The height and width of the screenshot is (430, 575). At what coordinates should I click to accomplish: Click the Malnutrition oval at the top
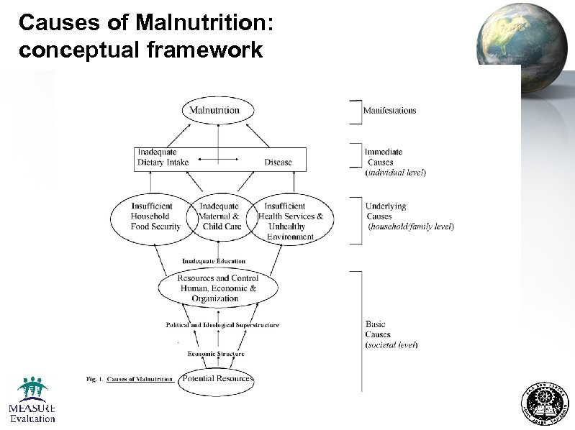coord(219,111)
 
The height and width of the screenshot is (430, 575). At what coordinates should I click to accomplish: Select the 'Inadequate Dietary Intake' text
coord(163,157)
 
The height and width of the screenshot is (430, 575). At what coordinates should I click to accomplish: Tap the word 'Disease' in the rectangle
coord(278,163)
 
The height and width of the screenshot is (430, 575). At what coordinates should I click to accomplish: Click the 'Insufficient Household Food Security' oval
coord(150,216)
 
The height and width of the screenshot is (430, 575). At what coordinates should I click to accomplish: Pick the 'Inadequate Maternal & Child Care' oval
coord(219,216)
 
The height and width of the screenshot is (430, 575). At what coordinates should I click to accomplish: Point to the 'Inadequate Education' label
coord(214,261)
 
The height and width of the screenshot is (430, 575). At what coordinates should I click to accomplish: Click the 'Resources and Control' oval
coord(218,288)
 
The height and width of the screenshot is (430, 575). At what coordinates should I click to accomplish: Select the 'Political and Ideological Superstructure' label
coord(222,325)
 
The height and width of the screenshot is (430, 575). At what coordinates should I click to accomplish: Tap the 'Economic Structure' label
coord(216,354)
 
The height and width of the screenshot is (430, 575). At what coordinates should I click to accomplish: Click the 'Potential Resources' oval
coord(217,379)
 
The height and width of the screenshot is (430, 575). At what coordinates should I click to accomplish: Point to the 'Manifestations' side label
coord(389,111)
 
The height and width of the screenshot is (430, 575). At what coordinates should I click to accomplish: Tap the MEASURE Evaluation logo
coord(32,400)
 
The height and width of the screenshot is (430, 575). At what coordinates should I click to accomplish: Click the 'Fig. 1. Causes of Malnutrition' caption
coord(130,379)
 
